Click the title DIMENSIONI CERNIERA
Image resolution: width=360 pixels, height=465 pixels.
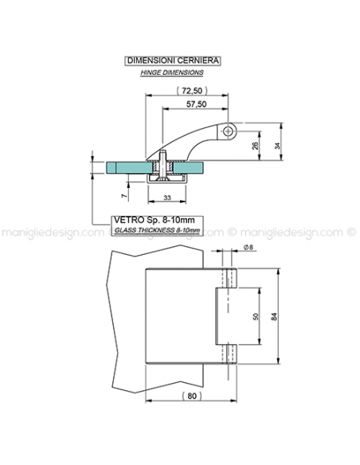point(173,61)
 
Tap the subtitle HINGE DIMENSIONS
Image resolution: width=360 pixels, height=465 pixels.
point(172,72)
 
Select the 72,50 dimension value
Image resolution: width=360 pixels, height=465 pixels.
point(192,91)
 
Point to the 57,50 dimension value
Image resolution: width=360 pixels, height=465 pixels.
point(196,104)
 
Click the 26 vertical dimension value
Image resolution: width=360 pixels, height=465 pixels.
point(256,146)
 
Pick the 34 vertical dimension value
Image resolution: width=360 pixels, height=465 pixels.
point(277,146)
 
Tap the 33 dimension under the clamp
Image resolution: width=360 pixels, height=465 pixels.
point(167,197)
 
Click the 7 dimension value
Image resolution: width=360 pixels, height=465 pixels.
point(125,195)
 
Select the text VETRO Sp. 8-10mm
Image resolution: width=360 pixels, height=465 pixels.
point(155,220)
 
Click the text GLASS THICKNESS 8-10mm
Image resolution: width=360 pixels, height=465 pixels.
point(157,230)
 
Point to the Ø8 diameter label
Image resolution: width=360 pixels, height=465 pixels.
point(248,247)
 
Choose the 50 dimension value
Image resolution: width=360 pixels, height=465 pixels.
point(256,316)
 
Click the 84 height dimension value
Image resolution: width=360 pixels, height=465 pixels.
point(274,316)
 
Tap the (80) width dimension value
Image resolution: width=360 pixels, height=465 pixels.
point(192,396)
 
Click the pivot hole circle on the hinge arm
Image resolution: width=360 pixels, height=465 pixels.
point(228,131)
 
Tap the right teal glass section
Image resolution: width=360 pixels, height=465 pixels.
point(189,167)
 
